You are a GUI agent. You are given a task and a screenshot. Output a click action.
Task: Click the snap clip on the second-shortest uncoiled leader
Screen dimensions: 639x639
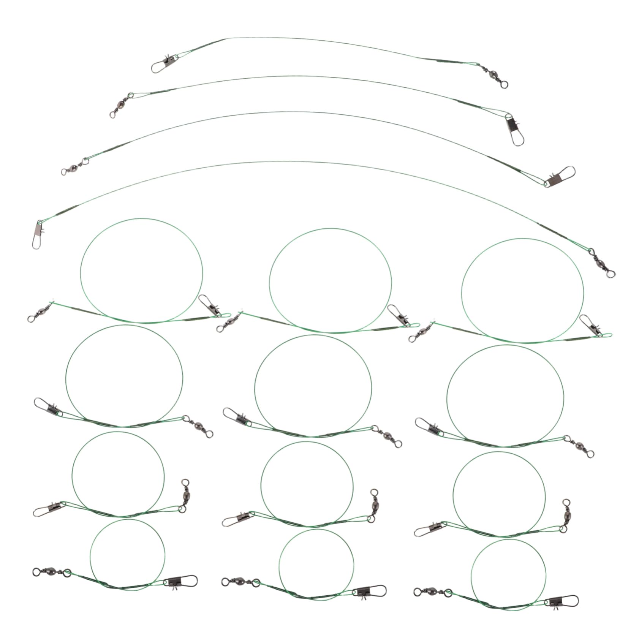(x=514, y=131)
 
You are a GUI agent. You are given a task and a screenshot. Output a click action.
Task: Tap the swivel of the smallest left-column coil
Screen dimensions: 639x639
(x=52, y=571)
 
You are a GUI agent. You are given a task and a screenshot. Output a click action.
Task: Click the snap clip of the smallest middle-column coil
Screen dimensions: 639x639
(x=370, y=591)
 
